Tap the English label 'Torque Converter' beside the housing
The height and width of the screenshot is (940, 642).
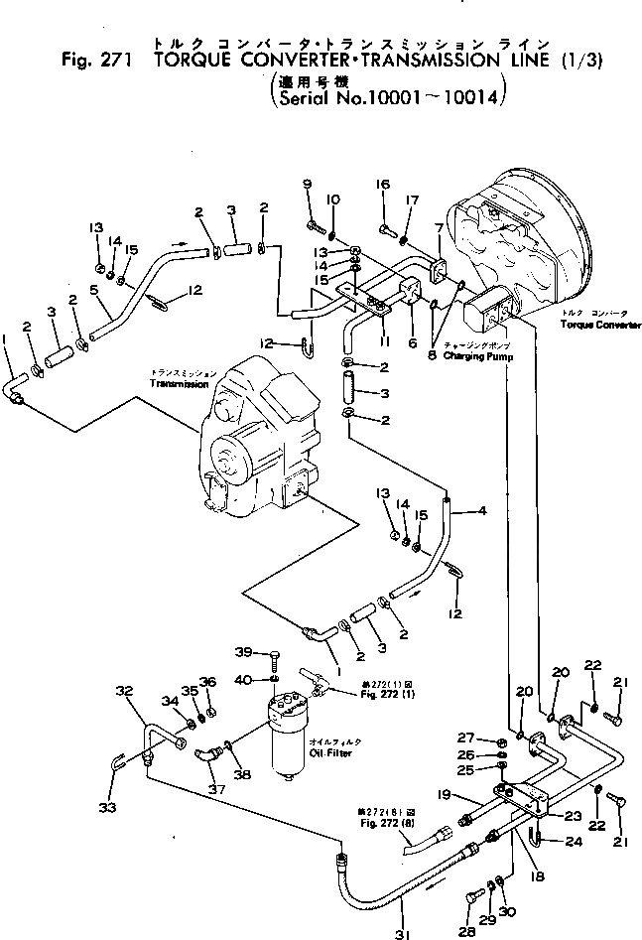click(599, 326)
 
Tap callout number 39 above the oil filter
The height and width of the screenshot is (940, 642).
click(243, 651)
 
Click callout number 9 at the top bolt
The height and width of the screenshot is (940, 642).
click(307, 183)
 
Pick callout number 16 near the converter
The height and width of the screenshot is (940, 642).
click(383, 184)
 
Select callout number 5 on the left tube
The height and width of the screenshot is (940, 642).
click(94, 291)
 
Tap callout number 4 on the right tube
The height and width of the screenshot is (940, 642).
click(482, 511)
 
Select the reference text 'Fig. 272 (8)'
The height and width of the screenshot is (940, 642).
click(374, 821)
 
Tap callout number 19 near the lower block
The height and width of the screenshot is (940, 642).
click(446, 793)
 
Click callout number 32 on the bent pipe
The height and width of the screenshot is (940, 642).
click(123, 691)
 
